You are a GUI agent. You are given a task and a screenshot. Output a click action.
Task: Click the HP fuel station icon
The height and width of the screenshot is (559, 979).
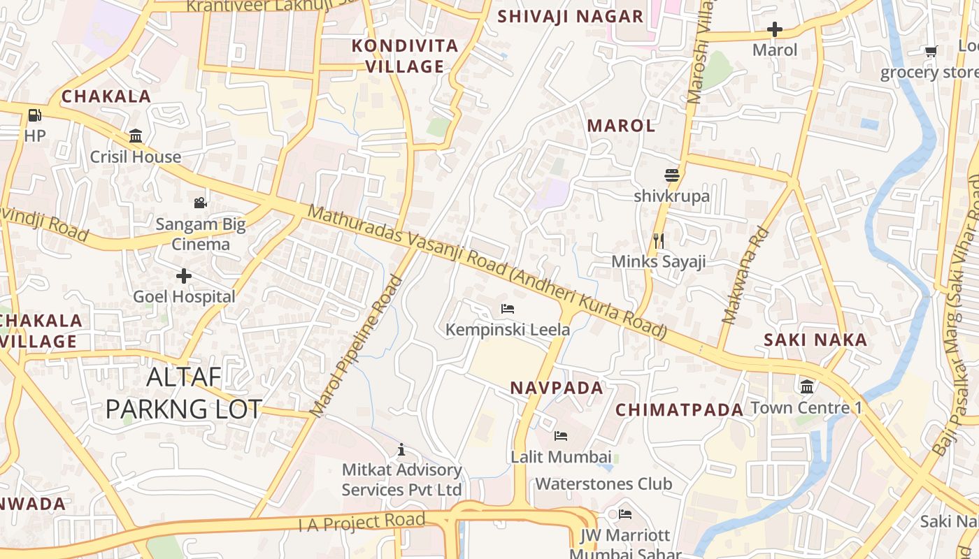click(x=34, y=115)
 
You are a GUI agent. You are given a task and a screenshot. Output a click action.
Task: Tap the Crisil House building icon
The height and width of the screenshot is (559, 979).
click(x=136, y=136)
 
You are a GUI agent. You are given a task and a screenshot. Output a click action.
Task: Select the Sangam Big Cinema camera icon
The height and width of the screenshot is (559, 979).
click(x=201, y=203)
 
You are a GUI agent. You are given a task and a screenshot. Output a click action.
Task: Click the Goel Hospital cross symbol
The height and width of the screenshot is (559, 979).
click(x=184, y=276)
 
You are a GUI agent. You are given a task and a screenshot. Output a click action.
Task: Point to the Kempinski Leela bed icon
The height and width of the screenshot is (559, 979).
click(x=508, y=308)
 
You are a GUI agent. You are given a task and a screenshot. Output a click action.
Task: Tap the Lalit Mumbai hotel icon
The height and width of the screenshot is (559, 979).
click(x=560, y=436)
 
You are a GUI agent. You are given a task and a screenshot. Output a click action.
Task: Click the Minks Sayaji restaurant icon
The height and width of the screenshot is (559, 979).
click(x=658, y=241)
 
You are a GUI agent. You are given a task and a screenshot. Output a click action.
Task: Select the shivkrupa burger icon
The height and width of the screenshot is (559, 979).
click(x=672, y=175)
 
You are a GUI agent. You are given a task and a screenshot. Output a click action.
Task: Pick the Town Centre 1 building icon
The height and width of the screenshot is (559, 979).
click(x=807, y=386)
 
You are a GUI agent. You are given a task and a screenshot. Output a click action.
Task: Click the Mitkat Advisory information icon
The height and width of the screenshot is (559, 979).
click(x=401, y=449)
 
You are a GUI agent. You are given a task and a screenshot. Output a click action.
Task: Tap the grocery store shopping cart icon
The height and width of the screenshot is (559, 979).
click(x=931, y=51)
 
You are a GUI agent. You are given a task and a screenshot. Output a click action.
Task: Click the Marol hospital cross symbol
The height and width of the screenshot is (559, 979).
click(x=775, y=29)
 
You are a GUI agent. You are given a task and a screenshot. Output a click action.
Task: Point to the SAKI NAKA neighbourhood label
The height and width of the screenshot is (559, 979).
click(x=815, y=340)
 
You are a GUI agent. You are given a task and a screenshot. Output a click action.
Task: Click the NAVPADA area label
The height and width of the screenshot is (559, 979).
click(x=556, y=388)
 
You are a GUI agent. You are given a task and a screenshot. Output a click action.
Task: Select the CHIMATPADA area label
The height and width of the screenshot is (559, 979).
click(x=679, y=410)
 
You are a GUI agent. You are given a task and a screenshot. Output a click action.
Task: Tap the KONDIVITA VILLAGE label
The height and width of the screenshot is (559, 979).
click(x=405, y=57)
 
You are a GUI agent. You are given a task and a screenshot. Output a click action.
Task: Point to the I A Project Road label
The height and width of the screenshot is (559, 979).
click(x=362, y=522)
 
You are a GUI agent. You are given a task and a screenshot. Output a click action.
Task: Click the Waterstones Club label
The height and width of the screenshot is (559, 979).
click(x=603, y=484)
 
